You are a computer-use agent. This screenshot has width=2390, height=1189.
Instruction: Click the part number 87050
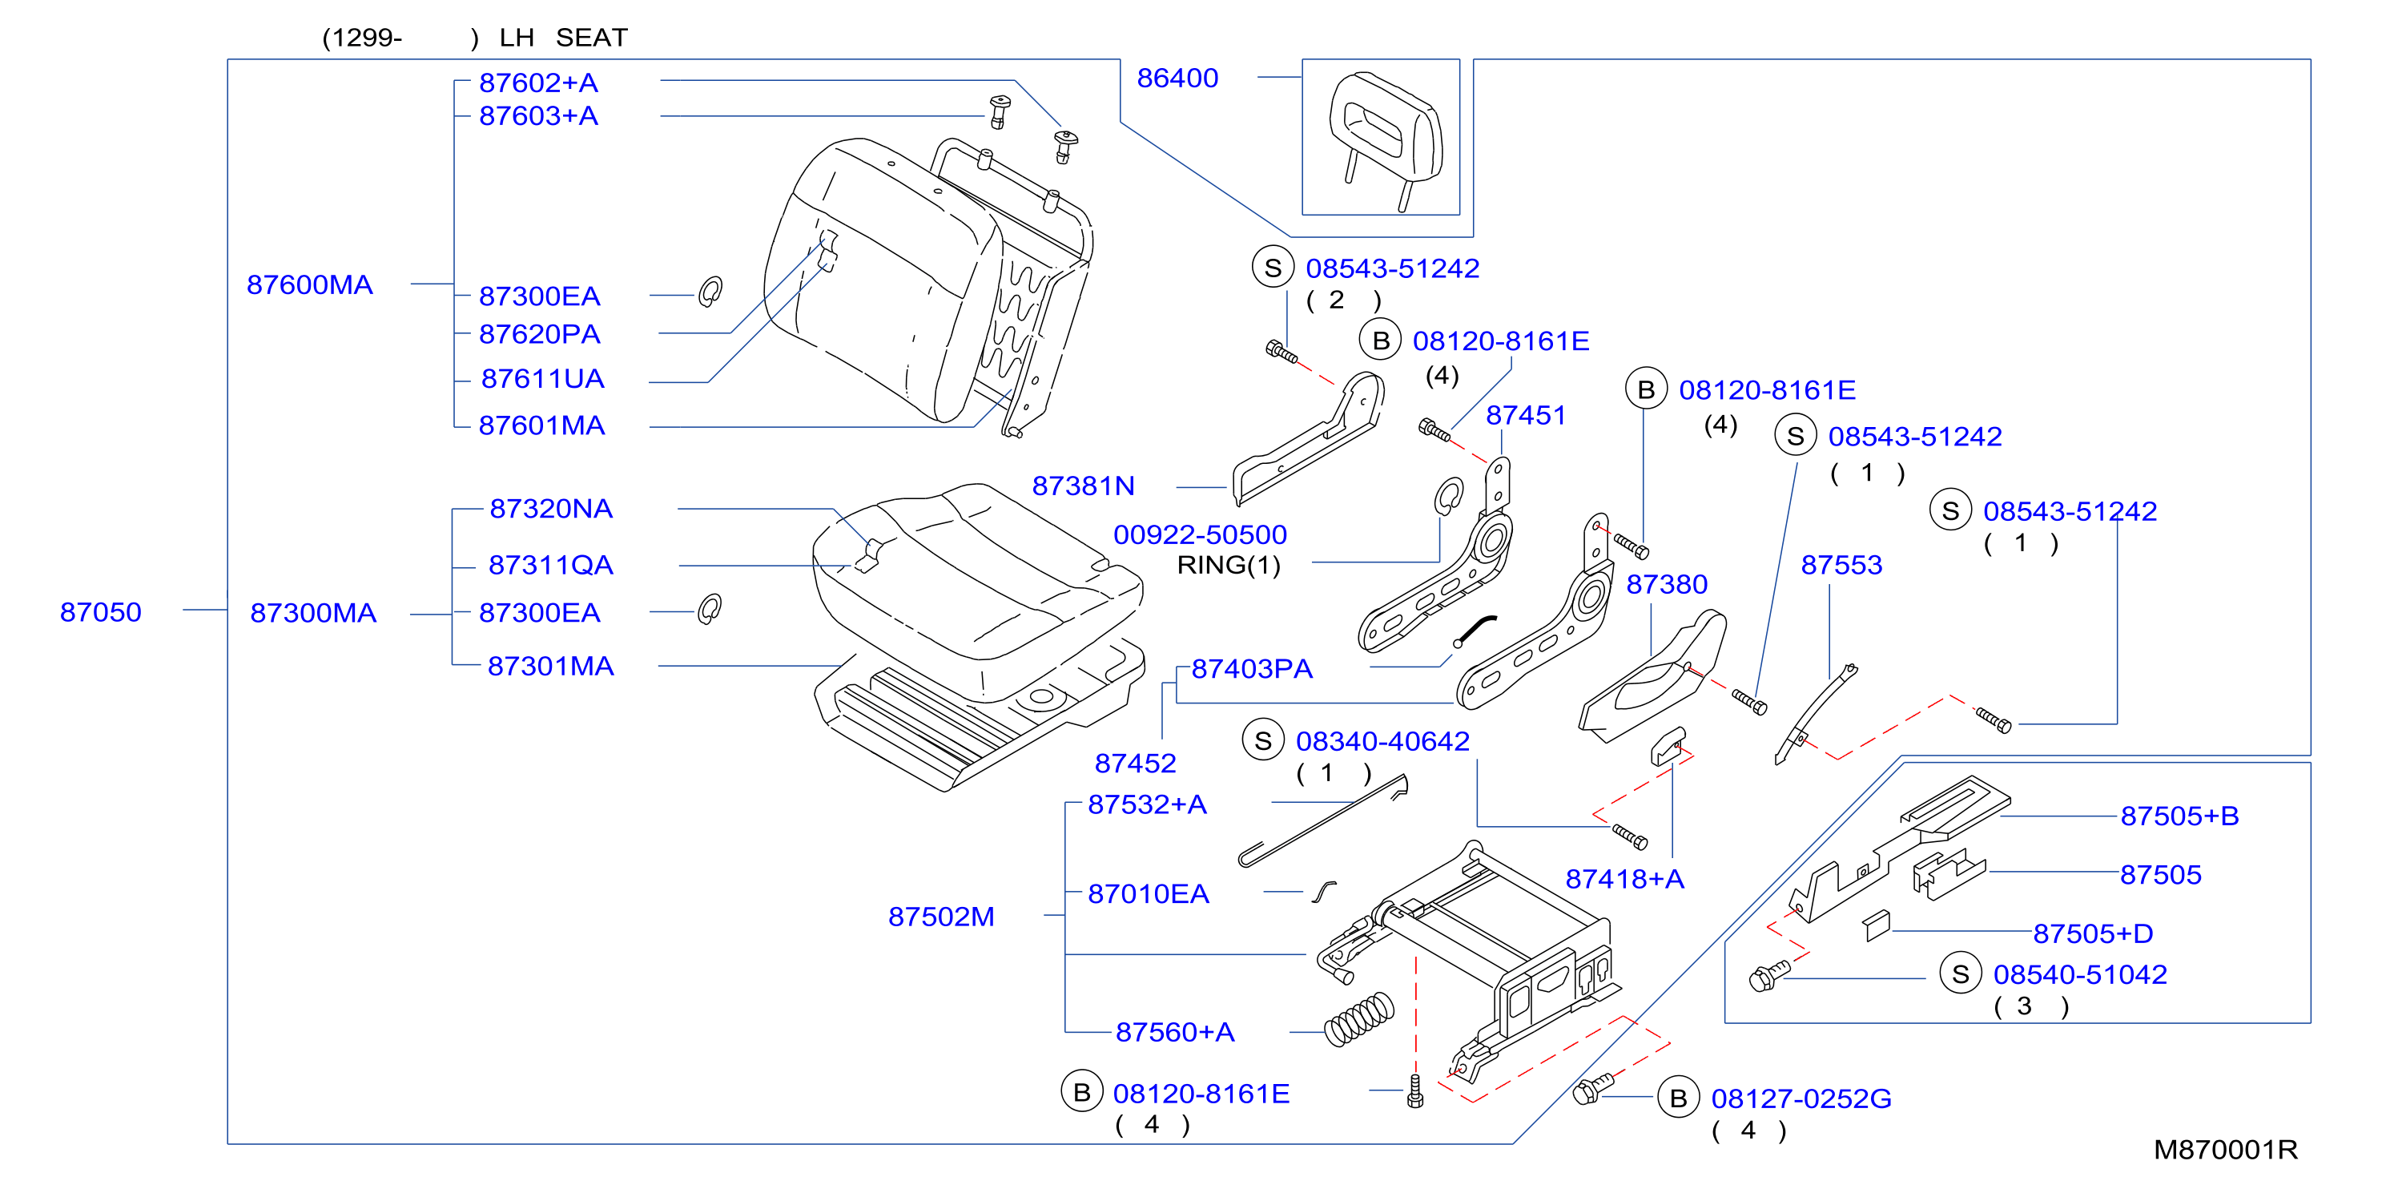point(100,613)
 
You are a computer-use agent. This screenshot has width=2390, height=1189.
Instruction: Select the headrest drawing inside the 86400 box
point(1385,139)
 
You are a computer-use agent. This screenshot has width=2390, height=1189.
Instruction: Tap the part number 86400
point(1177,79)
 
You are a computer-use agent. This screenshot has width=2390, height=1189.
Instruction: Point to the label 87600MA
point(310,285)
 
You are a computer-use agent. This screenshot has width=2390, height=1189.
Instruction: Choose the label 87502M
point(941,917)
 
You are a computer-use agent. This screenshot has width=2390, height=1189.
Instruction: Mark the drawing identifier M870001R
point(2225,1150)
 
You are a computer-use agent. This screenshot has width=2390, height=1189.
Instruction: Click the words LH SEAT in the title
point(563,38)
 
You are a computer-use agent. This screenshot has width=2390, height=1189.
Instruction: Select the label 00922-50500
point(1200,534)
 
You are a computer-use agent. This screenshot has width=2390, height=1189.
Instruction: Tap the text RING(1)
point(1229,566)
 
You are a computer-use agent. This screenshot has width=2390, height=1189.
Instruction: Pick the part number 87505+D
point(2093,933)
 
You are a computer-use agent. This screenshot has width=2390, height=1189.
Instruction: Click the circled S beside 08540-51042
point(1961,973)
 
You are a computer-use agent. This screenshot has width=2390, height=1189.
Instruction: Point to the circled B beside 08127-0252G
point(1679,1098)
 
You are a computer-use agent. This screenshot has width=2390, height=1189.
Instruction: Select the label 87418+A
point(1624,879)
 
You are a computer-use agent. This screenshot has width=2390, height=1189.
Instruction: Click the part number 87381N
point(1083,486)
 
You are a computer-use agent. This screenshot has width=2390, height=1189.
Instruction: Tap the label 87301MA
point(550,667)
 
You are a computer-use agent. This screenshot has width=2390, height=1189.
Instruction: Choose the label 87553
point(1841,566)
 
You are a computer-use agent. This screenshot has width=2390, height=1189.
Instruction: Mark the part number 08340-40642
point(1382,742)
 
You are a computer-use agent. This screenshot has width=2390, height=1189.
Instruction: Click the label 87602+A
point(538,83)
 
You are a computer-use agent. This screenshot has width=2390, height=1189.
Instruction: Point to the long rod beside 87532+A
point(1323,822)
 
